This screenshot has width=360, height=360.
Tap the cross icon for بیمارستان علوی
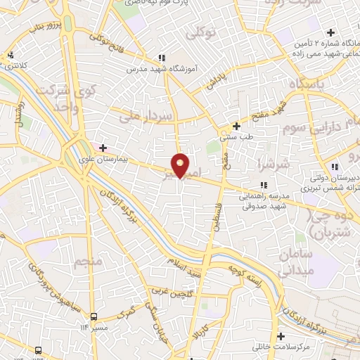(x=103, y=148)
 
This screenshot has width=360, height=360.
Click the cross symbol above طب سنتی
(x=237, y=127)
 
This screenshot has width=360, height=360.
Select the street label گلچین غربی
(x=169, y=291)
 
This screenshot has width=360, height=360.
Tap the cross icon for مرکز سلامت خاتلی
(x=281, y=336)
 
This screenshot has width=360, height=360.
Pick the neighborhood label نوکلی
(x=200, y=32)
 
